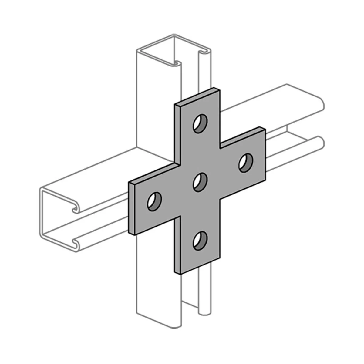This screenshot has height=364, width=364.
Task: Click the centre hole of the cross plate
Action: click(x=200, y=182)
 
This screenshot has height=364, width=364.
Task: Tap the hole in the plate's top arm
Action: click(x=200, y=124)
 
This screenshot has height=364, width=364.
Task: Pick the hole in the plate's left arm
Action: click(x=154, y=201)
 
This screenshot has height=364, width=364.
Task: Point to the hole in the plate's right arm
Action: click(x=246, y=163)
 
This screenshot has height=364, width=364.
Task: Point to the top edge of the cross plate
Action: click(x=197, y=97)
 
